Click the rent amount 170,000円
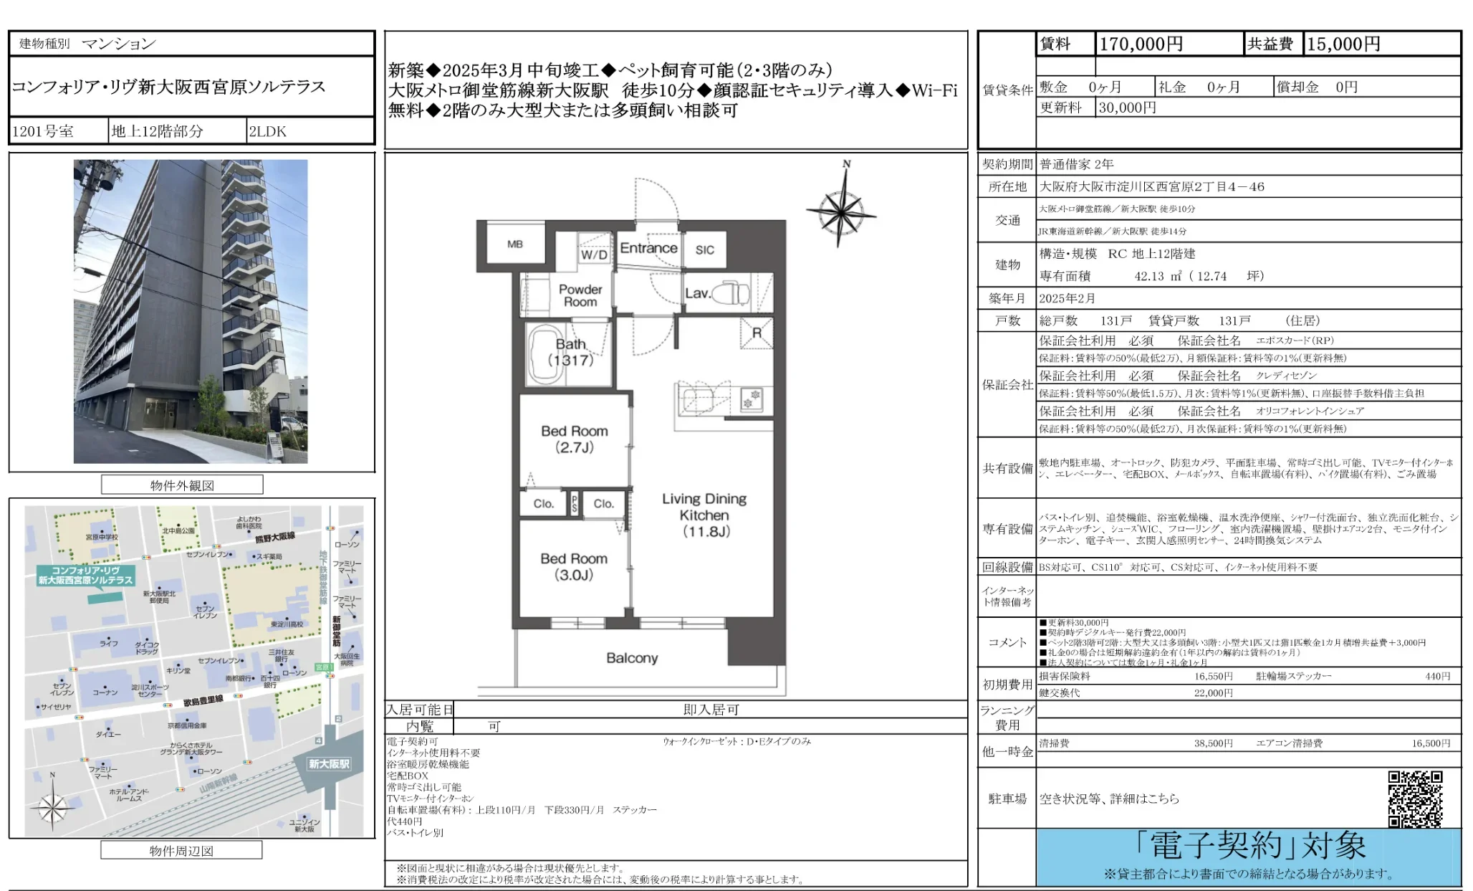(x=1141, y=44)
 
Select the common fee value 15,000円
(x=1343, y=44)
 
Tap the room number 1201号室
(x=43, y=131)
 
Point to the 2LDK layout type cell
(x=268, y=131)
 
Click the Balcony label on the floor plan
(x=631, y=658)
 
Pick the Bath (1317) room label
(x=571, y=352)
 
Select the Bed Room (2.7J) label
(x=574, y=439)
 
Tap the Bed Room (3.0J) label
(x=573, y=566)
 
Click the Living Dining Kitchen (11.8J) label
(x=704, y=515)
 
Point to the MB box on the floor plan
(x=515, y=244)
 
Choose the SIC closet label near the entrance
(x=704, y=249)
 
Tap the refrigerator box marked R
(x=757, y=333)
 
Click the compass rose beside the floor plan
(x=841, y=211)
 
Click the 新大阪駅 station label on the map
(x=329, y=764)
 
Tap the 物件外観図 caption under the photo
(x=182, y=485)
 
